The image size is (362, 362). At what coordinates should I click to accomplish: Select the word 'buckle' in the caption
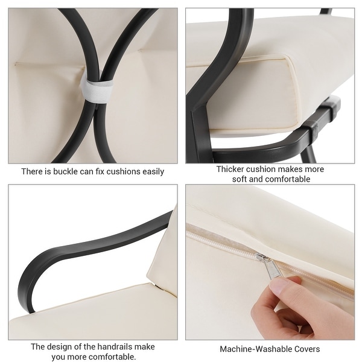pyautogui.click(x=66, y=171)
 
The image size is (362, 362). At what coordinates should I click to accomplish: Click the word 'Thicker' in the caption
pyautogui.click(x=230, y=169)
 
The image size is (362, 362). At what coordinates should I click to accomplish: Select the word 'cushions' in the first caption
pyautogui.click(x=123, y=171)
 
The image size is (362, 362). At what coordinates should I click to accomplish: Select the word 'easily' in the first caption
pyautogui.click(x=153, y=171)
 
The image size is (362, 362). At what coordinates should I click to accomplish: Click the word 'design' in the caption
pyautogui.click(x=57, y=346)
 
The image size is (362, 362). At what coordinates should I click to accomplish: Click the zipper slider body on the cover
pyautogui.click(x=261, y=257)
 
